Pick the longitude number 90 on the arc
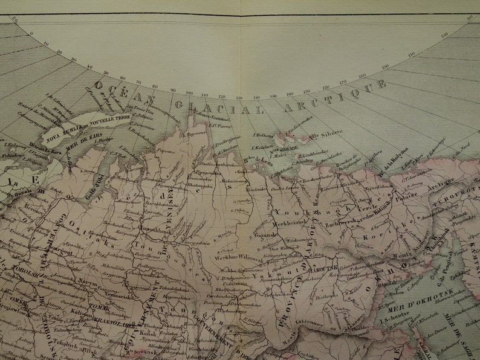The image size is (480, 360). [x=173, y=91]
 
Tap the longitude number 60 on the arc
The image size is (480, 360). [x=123, y=78]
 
